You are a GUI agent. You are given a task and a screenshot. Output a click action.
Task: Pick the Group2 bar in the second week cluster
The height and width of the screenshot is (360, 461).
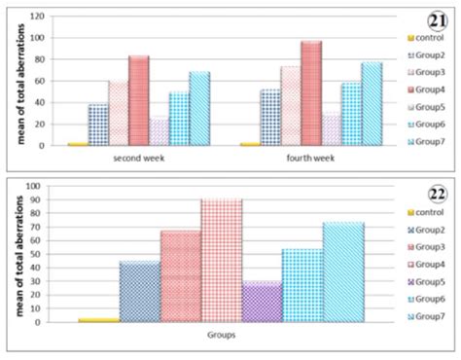[x=98, y=125]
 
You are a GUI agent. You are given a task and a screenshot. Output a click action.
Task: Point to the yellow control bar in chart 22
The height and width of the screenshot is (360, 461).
[x=98, y=319]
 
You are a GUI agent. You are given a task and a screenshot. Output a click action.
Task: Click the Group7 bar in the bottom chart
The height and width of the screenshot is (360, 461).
[x=343, y=272]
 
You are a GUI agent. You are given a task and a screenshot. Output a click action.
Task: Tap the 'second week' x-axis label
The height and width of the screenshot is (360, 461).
[x=138, y=156]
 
